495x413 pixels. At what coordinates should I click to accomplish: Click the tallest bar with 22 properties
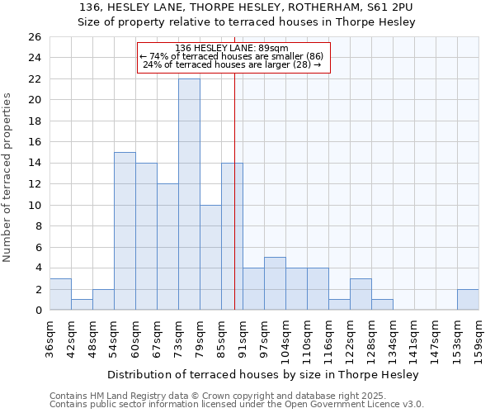click(x=189, y=194)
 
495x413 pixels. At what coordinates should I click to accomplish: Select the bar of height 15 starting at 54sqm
click(x=125, y=230)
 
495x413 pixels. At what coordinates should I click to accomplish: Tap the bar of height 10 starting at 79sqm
click(x=210, y=257)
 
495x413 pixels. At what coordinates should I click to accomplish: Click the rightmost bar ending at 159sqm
click(x=468, y=299)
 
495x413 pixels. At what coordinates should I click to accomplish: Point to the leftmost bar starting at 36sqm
click(x=60, y=294)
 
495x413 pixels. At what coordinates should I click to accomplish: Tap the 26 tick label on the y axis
click(x=34, y=37)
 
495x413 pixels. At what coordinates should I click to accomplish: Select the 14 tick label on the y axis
click(x=34, y=164)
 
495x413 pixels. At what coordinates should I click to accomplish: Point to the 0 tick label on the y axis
click(x=37, y=311)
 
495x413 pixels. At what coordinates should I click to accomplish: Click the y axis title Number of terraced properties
click(x=8, y=178)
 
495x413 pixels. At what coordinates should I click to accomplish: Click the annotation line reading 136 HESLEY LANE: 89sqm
click(x=232, y=48)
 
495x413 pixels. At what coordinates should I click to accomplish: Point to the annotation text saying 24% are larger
click(x=232, y=64)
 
